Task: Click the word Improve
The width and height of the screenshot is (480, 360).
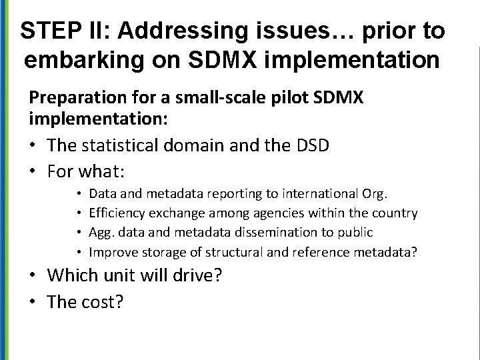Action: tap(111, 251)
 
